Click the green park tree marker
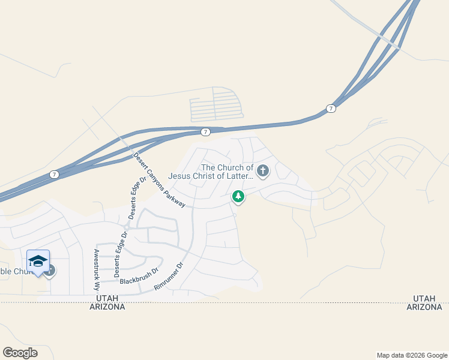tap(238, 196)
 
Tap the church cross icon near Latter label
tap(263, 172)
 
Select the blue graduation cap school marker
tap(38, 261)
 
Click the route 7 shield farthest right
tap(331, 108)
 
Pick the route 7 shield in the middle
tap(205, 131)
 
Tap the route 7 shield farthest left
tap(54, 174)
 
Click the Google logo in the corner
tap(20, 353)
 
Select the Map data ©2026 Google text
tap(411, 355)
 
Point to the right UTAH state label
tap(424, 298)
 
